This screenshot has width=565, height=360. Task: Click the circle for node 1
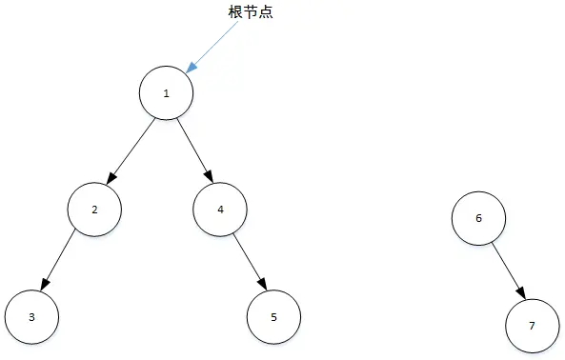167,92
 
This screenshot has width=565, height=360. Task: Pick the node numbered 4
220,208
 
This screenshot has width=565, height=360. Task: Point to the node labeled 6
478,217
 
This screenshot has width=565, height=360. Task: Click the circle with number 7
532,325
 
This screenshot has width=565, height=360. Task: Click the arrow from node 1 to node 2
131,150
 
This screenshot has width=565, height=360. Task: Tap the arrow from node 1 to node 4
193,150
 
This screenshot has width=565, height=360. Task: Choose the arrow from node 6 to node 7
506,270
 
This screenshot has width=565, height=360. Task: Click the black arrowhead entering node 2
111,179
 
